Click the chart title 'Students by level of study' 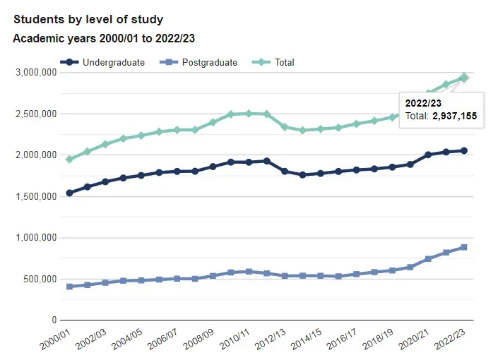pos(88,20)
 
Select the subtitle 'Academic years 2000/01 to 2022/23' pos(104,38)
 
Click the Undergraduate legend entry pos(102,62)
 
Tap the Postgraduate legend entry pos(198,62)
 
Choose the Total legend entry pos(273,62)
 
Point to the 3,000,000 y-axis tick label pos(36,73)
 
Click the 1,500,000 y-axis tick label pos(36,196)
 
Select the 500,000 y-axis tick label pos(40,279)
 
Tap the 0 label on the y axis pos(54,320)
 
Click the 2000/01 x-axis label pos(55,340)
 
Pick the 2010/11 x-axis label pos(235,340)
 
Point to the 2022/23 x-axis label pos(450,340)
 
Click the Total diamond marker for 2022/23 pos(464,78)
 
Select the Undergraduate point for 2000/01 pos(69,193)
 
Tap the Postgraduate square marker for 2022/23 pos(464,247)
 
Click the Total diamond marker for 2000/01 pos(69,160)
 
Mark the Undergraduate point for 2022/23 pos(464,151)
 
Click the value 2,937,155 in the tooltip pos(454,116)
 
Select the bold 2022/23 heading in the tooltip pos(423,103)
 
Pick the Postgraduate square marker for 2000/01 pos(69,287)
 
